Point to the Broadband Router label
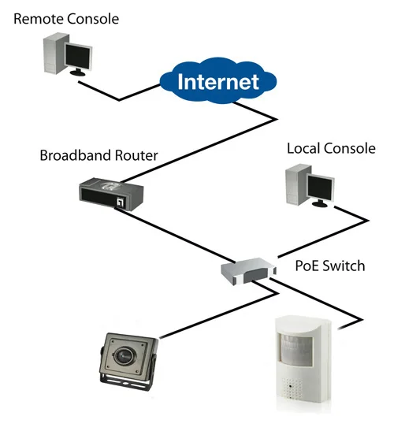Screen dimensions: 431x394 (98, 155)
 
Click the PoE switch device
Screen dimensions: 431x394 (248, 271)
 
